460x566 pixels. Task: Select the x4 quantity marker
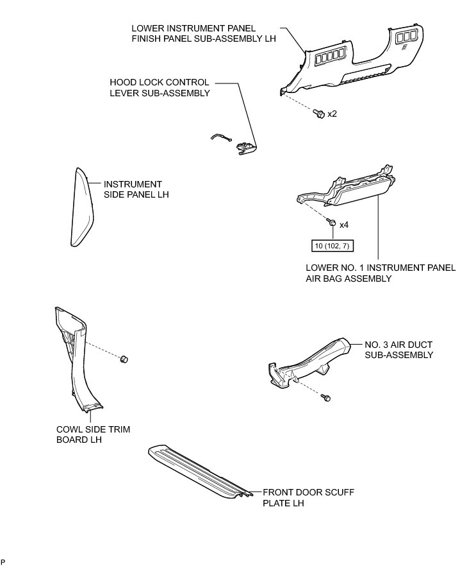click(343, 225)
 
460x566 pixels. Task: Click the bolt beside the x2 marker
click(318, 114)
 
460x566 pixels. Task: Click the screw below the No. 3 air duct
click(327, 399)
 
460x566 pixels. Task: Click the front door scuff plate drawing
click(199, 472)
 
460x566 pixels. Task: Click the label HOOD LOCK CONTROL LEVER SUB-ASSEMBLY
click(160, 88)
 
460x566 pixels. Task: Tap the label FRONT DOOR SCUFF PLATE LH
click(308, 497)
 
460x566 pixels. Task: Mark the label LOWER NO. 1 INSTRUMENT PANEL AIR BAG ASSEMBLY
click(381, 273)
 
